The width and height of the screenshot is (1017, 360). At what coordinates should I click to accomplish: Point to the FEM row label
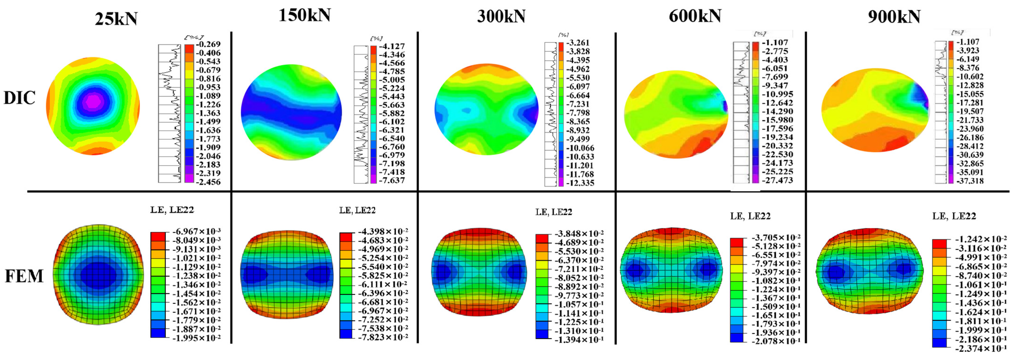[x=24, y=276]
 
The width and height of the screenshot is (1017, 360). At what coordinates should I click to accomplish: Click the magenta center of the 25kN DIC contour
[x=93, y=101]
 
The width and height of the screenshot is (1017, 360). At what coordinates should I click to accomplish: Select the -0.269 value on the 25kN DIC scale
[x=208, y=44]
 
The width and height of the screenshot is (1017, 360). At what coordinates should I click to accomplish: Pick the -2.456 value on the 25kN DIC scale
[x=208, y=182]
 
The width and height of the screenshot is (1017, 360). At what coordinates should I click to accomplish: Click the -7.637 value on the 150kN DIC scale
[x=392, y=180]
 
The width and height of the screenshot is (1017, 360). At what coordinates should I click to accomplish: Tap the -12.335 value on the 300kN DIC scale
[x=580, y=183]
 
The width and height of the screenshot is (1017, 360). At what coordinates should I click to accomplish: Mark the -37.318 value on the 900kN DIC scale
[x=970, y=181]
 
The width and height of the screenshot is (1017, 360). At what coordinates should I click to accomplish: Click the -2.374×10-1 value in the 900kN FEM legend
[x=980, y=349]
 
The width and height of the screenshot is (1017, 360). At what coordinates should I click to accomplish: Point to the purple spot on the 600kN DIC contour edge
[x=725, y=107]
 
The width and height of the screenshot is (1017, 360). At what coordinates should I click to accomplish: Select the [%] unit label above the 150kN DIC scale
[x=376, y=38]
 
